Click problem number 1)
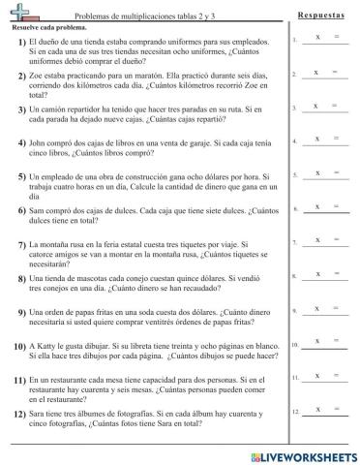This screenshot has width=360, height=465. click(x=21, y=44)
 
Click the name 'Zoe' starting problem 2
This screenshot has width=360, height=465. click(x=38, y=74)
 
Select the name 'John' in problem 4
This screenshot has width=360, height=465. click(x=40, y=141)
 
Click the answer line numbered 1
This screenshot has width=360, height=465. click(x=325, y=41)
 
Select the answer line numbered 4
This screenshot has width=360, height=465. click(x=325, y=142)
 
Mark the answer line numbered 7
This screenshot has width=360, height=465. click(x=325, y=243)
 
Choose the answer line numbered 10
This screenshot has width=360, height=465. click(x=325, y=344)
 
